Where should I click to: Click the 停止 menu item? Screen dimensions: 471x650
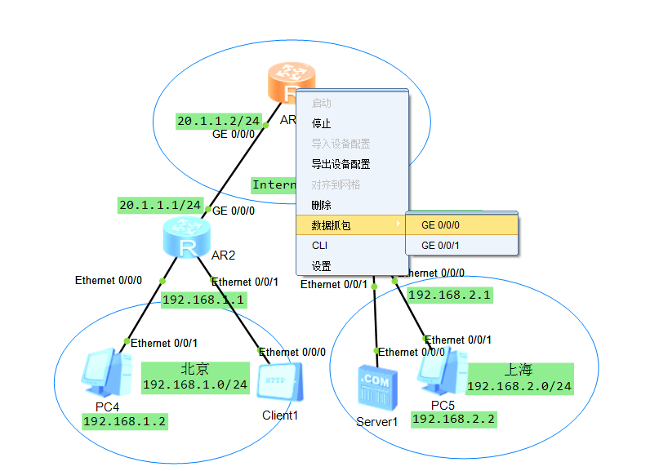(322, 123)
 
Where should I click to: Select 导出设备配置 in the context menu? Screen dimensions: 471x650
(341, 164)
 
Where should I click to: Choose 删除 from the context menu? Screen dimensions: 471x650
(322, 205)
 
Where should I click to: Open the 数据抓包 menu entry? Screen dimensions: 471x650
(332, 225)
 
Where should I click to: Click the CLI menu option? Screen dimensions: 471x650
(319, 245)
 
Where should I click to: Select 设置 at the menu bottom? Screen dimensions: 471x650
(322, 265)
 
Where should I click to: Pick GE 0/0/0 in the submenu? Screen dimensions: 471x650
(441, 224)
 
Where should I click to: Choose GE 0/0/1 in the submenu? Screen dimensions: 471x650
(441, 245)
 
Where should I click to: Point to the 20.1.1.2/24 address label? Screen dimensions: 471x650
(218, 121)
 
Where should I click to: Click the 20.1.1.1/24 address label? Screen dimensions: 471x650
(160, 205)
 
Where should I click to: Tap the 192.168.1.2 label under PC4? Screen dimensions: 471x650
(125, 421)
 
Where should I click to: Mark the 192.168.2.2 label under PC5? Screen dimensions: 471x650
(453, 419)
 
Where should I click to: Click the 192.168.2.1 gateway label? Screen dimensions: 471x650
(450, 295)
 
